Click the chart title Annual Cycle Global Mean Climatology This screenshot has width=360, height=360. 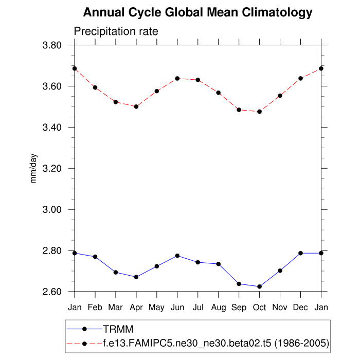(x=197, y=12)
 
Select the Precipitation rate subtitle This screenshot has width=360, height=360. (x=116, y=31)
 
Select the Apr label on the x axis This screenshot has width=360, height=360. (x=136, y=308)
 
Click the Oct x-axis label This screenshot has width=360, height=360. (x=259, y=308)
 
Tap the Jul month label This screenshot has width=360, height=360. (x=198, y=308)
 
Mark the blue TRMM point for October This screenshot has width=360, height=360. (x=260, y=286)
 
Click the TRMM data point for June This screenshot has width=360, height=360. (x=177, y=256)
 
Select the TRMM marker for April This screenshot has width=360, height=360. (x=136, y=277)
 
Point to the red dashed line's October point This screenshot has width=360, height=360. (x=260, y=112)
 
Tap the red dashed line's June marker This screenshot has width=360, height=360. (x=177, y=78)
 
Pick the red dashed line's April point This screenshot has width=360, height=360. (x=136, y=106)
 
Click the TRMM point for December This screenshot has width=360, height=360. (x=301, y=253)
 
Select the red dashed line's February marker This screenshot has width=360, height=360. (x=95, y=87)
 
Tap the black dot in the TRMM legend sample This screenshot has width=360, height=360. (x=85, y=329)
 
